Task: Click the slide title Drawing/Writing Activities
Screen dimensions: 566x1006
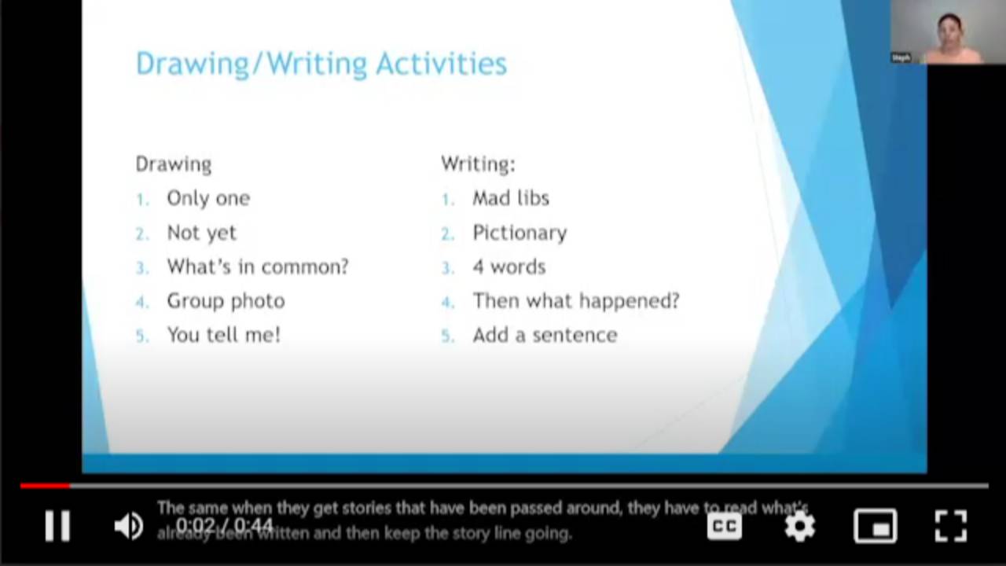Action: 321,64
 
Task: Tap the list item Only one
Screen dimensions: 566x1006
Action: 208,198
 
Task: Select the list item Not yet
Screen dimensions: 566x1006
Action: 201,233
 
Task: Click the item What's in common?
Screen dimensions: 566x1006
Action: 257,266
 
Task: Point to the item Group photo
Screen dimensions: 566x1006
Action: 226,301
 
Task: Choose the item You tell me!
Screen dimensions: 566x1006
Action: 223,335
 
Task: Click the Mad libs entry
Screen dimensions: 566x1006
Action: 511,198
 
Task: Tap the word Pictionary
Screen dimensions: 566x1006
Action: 520,233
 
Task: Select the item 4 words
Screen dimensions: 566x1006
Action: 509,266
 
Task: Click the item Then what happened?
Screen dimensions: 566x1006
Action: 575,301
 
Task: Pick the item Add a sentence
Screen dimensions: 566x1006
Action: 545,335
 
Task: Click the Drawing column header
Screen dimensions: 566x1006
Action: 174,164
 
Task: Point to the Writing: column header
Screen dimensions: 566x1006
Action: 478,164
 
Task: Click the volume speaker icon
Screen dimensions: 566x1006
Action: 128,526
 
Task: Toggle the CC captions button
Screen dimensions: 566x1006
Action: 724,526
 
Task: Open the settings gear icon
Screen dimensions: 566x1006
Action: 799,526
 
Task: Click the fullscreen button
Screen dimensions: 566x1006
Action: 950,526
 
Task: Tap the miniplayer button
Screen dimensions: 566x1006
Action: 875,526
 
